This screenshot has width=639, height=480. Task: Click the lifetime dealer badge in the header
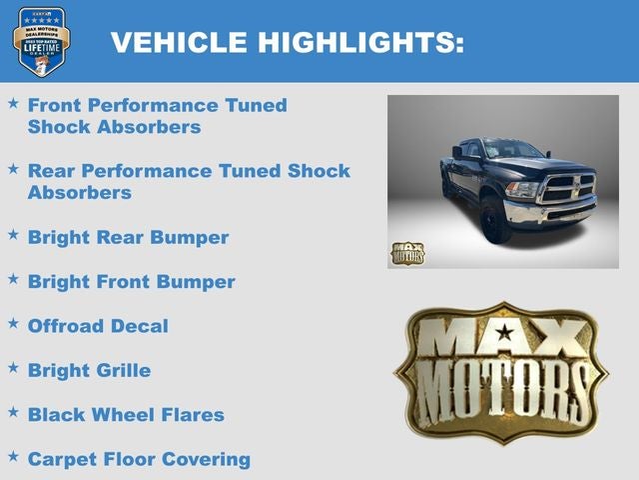[41, 41]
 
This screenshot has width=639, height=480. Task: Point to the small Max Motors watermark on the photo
[406, 253]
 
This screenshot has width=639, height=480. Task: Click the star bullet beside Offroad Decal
[13, 324]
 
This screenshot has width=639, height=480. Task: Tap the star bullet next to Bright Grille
[13, 368]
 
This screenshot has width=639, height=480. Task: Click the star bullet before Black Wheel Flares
[13, 412]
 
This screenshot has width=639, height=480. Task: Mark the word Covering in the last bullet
[207, 459]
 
